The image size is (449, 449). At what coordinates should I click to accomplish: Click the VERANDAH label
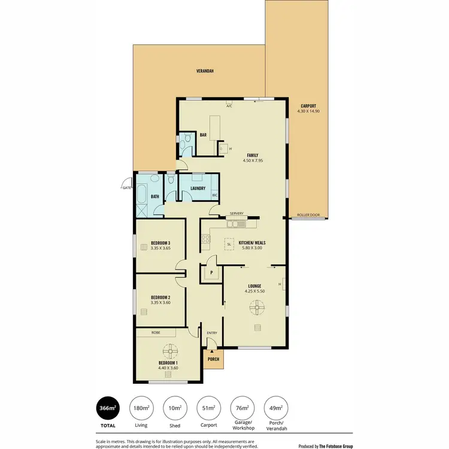(205, 71)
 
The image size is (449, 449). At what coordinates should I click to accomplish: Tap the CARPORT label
(309, 106)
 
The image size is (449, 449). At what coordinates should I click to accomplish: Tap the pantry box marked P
(211, 273)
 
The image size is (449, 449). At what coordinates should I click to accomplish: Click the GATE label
(126, 188)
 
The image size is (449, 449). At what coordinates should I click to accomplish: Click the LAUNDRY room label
(198, 189)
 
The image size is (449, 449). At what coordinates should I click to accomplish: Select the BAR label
(203, 135)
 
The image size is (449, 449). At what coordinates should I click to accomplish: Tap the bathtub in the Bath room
(142, 195)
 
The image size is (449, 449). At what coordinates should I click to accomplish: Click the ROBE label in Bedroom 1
(155, 332)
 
